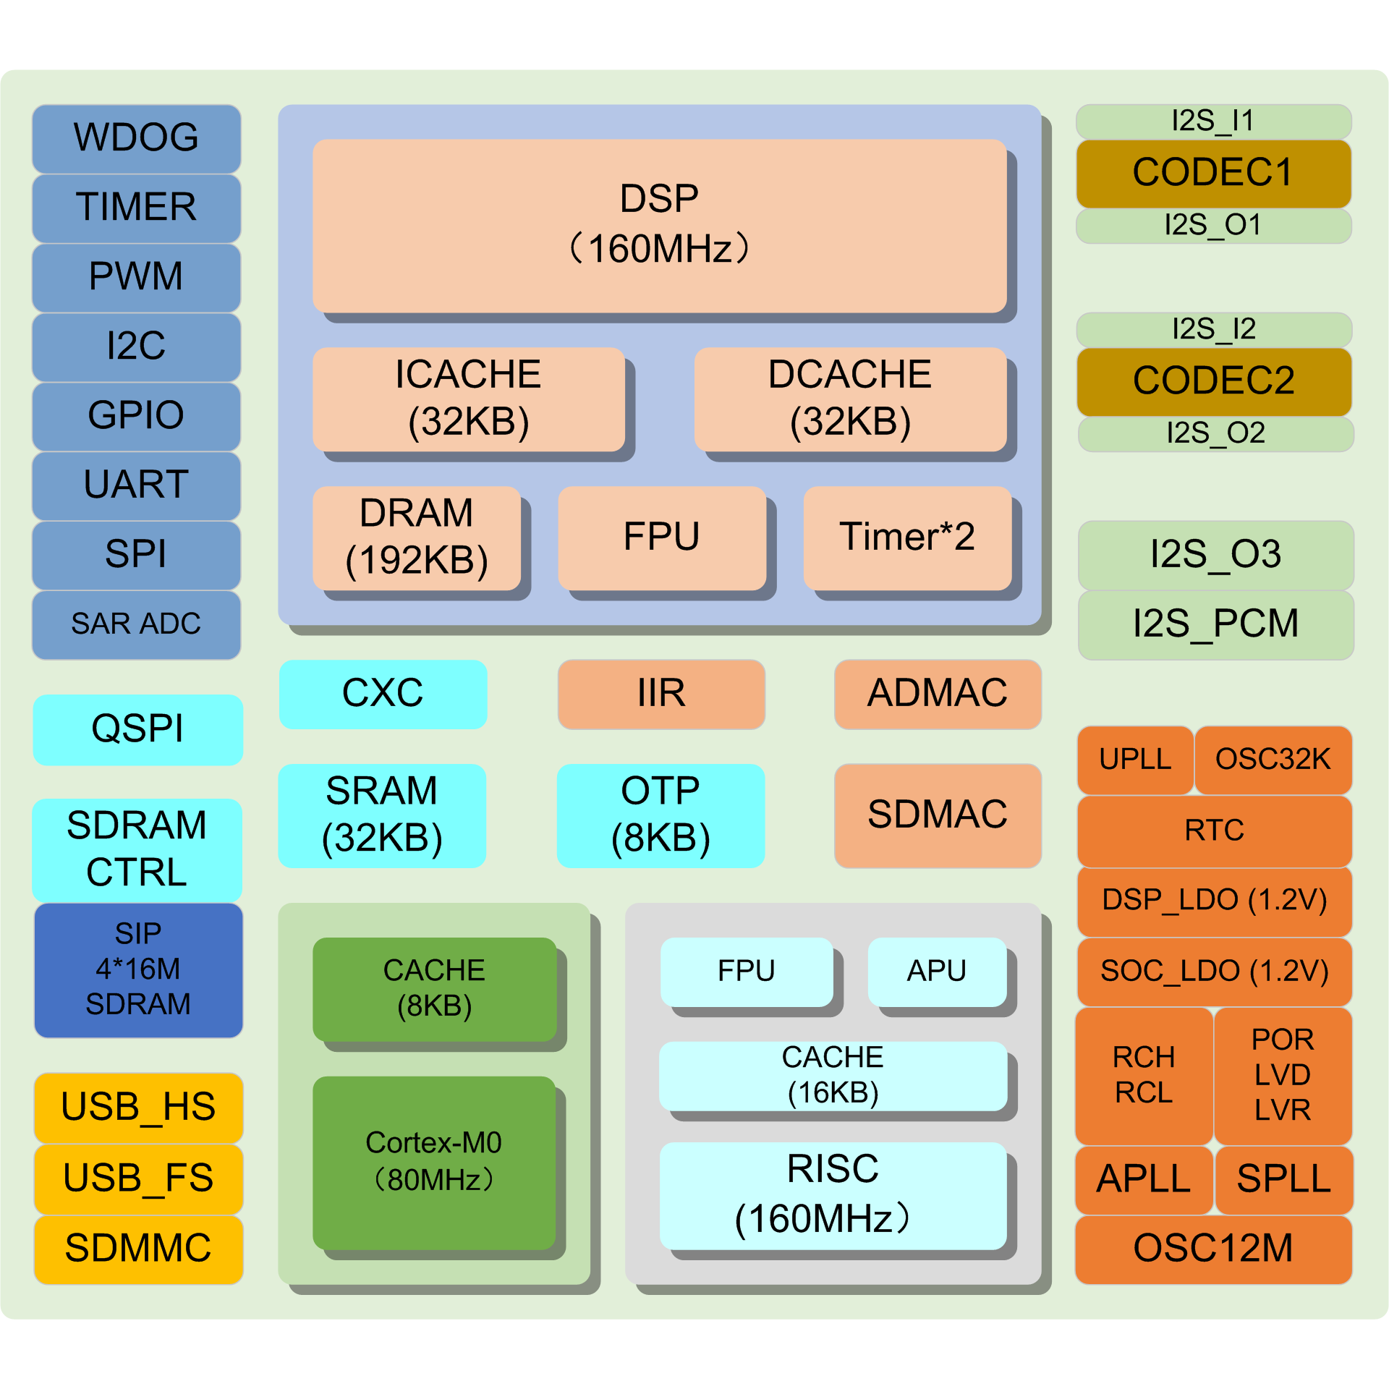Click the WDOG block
tap(136, 137)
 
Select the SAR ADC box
tap(136, 624)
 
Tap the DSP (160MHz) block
tap(659, 225)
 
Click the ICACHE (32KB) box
tap(468, 399)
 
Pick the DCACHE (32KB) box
tap(849, 399)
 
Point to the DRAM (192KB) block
tap(416, 537)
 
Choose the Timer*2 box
tap(906, 537)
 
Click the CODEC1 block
tap(1213, 173)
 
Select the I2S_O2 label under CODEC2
tap(1215, 433)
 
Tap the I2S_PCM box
tap(1215, 624)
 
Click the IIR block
tap(660, 693)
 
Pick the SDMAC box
tap(937, 815)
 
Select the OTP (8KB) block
tap(660, 815)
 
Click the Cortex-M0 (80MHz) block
tap(433, 1161)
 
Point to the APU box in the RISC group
tap(936, 971)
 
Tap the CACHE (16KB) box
tap(832, 1075)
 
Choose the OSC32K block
tap(1273, 759)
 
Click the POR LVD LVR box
tap(1282, 1074)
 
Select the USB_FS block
tap(137, 1178)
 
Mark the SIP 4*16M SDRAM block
tap(137, 969)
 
